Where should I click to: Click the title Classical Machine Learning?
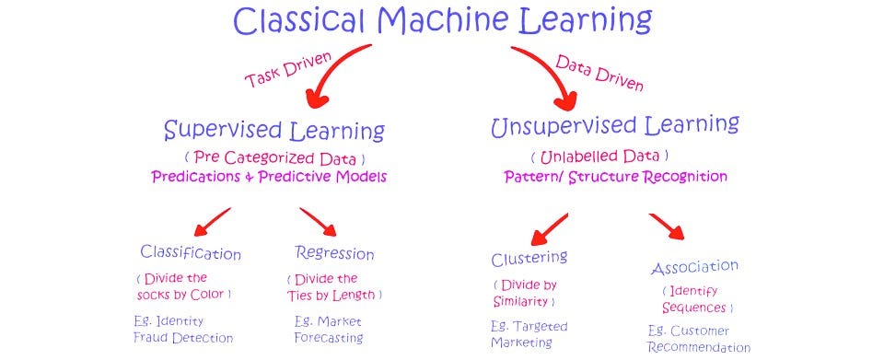click(x=442, y=20)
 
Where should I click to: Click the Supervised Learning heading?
click(x=273, y=130)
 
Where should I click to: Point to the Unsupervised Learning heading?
click(x=615, y=126)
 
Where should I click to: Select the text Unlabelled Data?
click(x=599, y=156)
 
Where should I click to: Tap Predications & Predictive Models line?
click(x=269, y=176)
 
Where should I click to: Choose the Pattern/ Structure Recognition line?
click(x=615, y=176)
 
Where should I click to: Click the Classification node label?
click(x=191, y=252)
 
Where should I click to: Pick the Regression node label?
click(x=334, y=252)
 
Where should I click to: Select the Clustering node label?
click(x=529, y=257)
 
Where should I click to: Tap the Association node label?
click(x=694, y=268)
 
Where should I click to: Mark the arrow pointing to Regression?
click(x=319, y=222)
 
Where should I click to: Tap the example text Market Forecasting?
click(x=329, y=330)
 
